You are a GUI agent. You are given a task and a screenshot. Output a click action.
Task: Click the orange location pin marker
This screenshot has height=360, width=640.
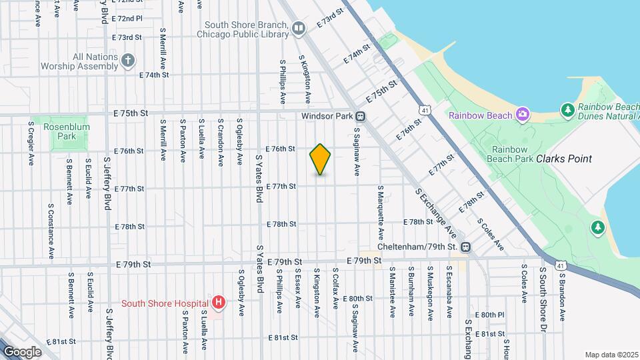click(321, 159)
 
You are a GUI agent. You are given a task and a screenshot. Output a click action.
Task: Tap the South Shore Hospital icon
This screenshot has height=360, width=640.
click(219, 303)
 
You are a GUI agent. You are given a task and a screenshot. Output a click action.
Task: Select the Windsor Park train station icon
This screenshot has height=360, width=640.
click(360, 116)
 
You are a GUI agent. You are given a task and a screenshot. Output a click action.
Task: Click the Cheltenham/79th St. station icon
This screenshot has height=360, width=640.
click(467, 247)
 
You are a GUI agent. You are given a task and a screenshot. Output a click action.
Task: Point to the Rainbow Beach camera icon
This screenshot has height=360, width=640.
click(523, 115)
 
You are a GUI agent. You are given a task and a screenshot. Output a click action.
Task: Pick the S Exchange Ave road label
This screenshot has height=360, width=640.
click(436, 214)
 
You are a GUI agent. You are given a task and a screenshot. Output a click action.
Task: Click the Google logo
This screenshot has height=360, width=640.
click(21, 351)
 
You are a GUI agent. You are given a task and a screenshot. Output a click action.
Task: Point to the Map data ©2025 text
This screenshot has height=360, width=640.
click(611, 355)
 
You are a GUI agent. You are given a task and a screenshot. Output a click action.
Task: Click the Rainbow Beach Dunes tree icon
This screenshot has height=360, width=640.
click(567, 109)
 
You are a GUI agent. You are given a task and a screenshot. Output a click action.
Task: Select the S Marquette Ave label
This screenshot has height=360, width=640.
click(381, 213)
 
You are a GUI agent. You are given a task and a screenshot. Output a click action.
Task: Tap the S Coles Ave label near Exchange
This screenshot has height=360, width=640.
click(490, 234)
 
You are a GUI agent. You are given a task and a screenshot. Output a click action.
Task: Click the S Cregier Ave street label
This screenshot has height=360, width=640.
click(31, 142)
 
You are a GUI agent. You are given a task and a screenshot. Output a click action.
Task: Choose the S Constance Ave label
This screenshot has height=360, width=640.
click(51, 231)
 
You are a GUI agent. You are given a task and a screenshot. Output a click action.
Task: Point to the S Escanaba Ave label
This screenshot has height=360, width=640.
click(449, 293)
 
